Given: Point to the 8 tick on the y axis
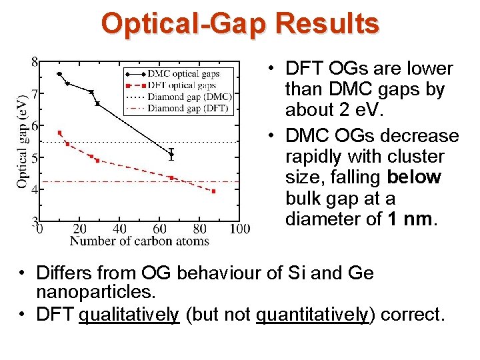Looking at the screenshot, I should click(x=34, y=62).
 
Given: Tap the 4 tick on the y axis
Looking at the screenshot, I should click(x=34, y=189).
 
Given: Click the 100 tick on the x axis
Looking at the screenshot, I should click(x=239, y=229).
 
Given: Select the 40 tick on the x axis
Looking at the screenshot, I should click(x=119, y=229).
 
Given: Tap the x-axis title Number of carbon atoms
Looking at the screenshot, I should click(x=139, y=241).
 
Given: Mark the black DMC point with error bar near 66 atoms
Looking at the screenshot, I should click(x=171, y=154).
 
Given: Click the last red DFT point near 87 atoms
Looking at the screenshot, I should click(x=213, y=191).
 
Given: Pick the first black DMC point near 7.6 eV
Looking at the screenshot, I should click(x=59, y=74).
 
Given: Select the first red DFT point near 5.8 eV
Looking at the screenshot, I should click(x=59, y=133).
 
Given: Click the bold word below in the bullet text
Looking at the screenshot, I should click(x=413, y=177).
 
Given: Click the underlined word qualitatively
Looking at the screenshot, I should click(x=129, y=314).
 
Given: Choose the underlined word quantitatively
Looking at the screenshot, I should click(x=312, y=314).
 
